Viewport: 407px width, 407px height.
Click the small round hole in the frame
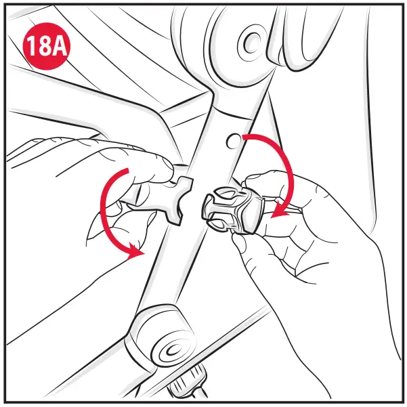click(x=233, y=140)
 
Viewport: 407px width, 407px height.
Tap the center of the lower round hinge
click(x=169, y=348)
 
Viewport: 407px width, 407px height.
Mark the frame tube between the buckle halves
click(x=197, y=203)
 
